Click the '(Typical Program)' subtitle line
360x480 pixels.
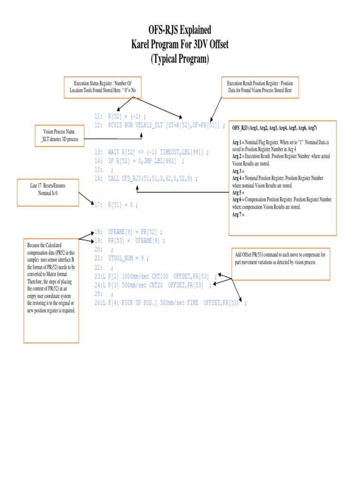(x=180, y=60)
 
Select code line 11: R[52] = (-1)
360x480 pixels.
(x=120, y=116)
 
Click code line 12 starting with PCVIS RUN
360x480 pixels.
(x=159, y=125)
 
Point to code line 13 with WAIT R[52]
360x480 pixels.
(x=151, y=152)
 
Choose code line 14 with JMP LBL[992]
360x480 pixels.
(x=139, y=161)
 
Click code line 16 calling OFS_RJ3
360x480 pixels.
(x=146, y=178)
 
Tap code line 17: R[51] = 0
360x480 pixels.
(x=117, y=205)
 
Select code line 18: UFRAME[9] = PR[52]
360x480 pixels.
(x=129, y=232)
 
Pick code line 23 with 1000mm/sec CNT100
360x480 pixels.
(x=156, y=276)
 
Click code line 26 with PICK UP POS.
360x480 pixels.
(x=170, y=303)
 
